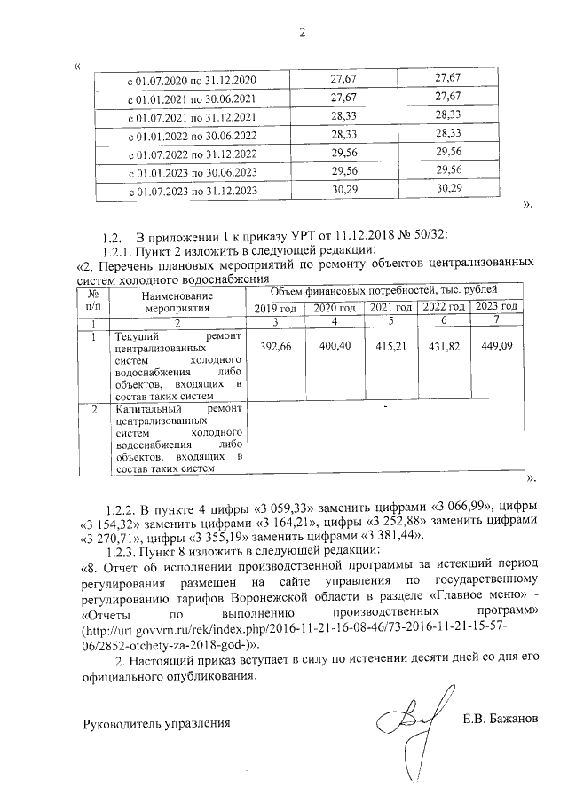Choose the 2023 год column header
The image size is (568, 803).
coord(496,307)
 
